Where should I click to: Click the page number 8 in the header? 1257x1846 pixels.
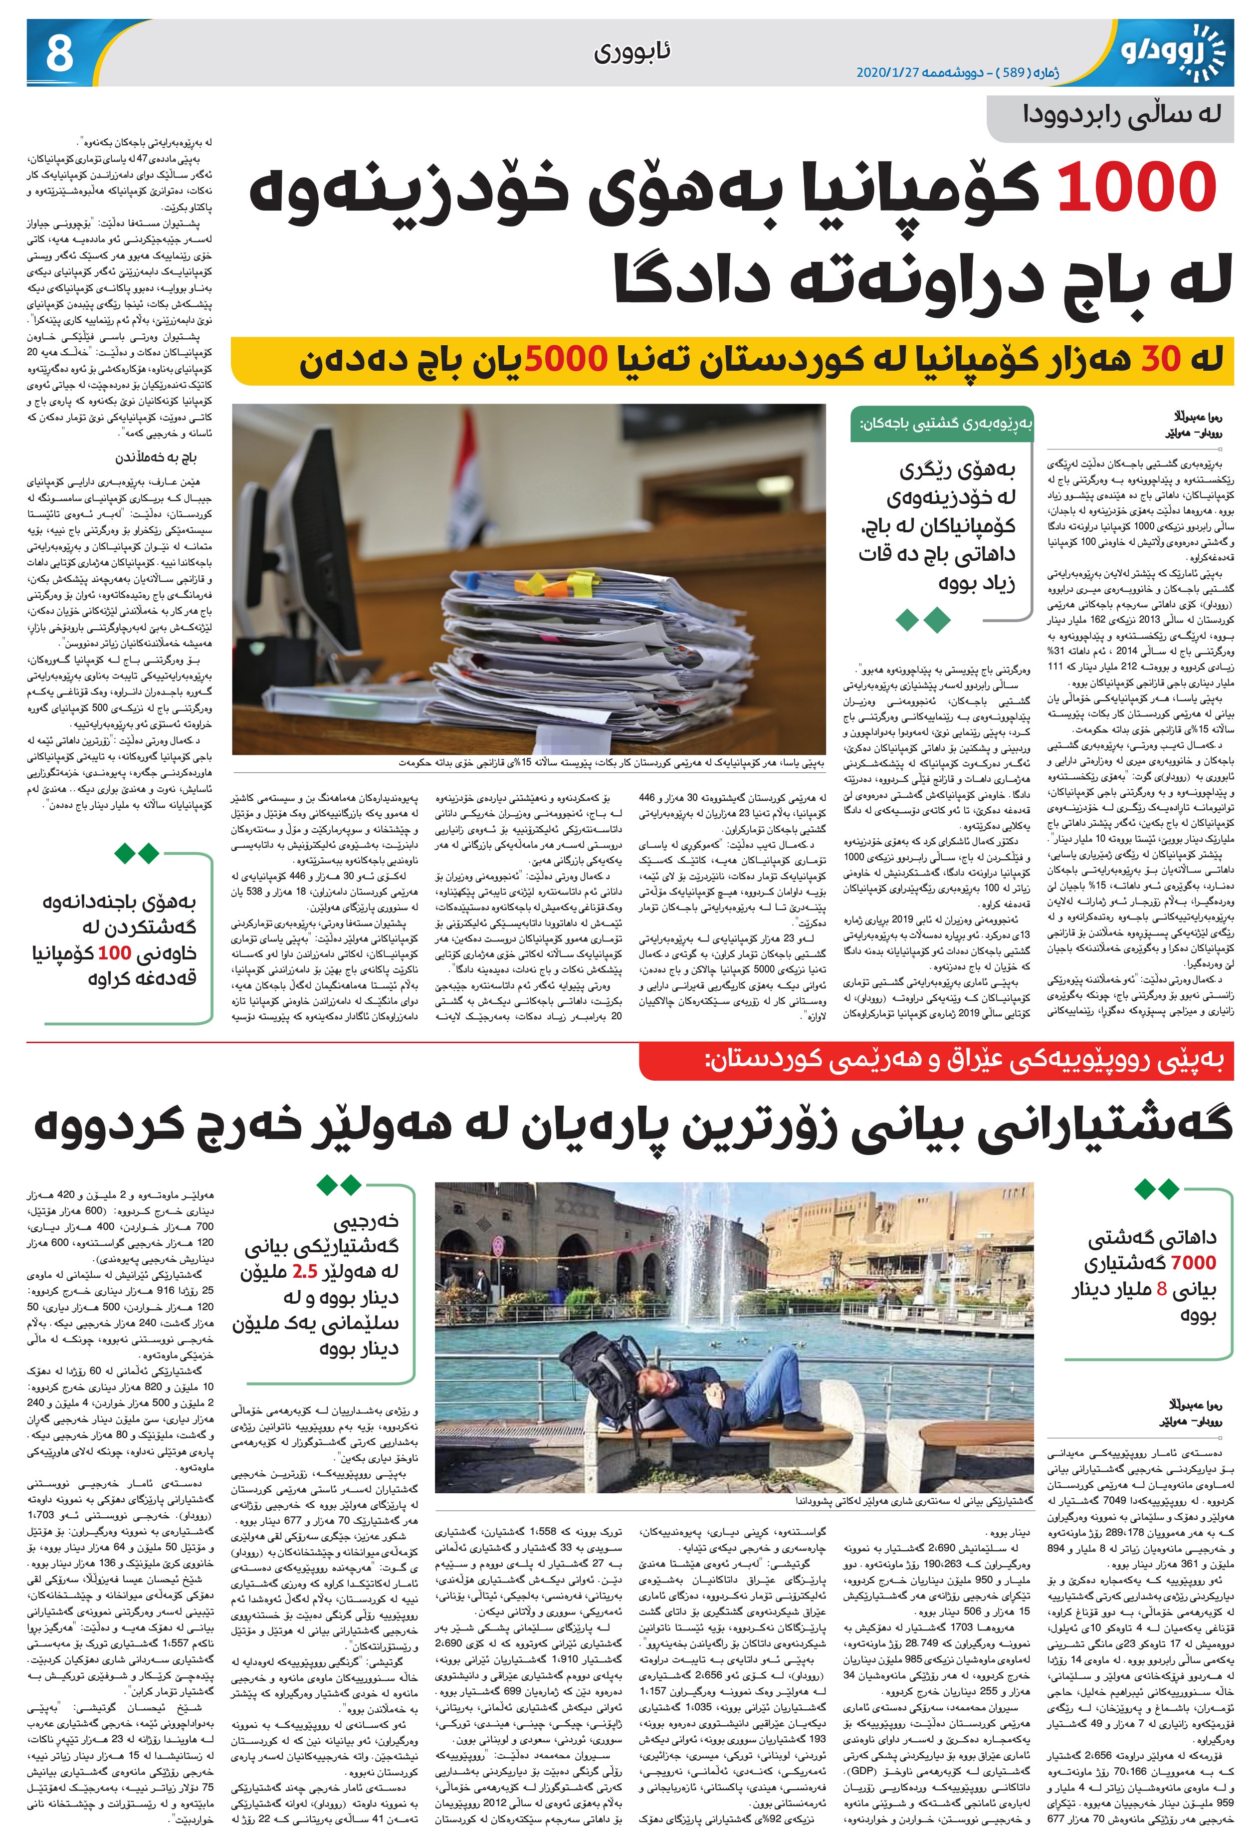tap(59, 54)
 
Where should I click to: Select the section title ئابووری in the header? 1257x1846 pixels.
tap(631, 53)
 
